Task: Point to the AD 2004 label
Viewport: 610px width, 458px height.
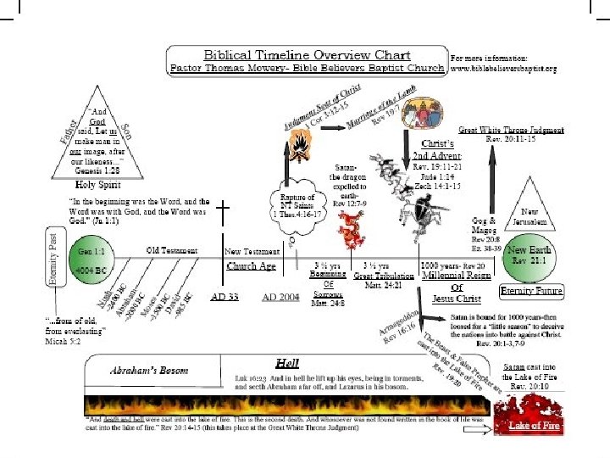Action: point(280,296)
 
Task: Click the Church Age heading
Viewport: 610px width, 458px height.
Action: point(251,266)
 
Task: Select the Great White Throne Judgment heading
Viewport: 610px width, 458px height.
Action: point(512,131)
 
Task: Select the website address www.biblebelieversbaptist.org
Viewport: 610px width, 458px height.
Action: point(504,67)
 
